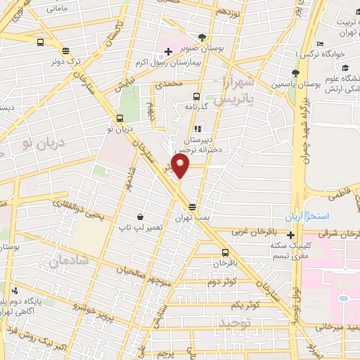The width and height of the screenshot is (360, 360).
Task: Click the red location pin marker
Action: point(181,166)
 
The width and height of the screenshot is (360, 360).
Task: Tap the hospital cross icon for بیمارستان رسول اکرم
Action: point(169,51)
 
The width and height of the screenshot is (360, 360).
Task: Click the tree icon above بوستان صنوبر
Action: point(203,37)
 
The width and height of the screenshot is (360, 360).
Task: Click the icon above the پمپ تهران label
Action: point(192,207)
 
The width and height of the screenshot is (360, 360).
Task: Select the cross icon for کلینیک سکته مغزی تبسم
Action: point(291,235)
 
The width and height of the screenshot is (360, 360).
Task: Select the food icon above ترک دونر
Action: point(65,50)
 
